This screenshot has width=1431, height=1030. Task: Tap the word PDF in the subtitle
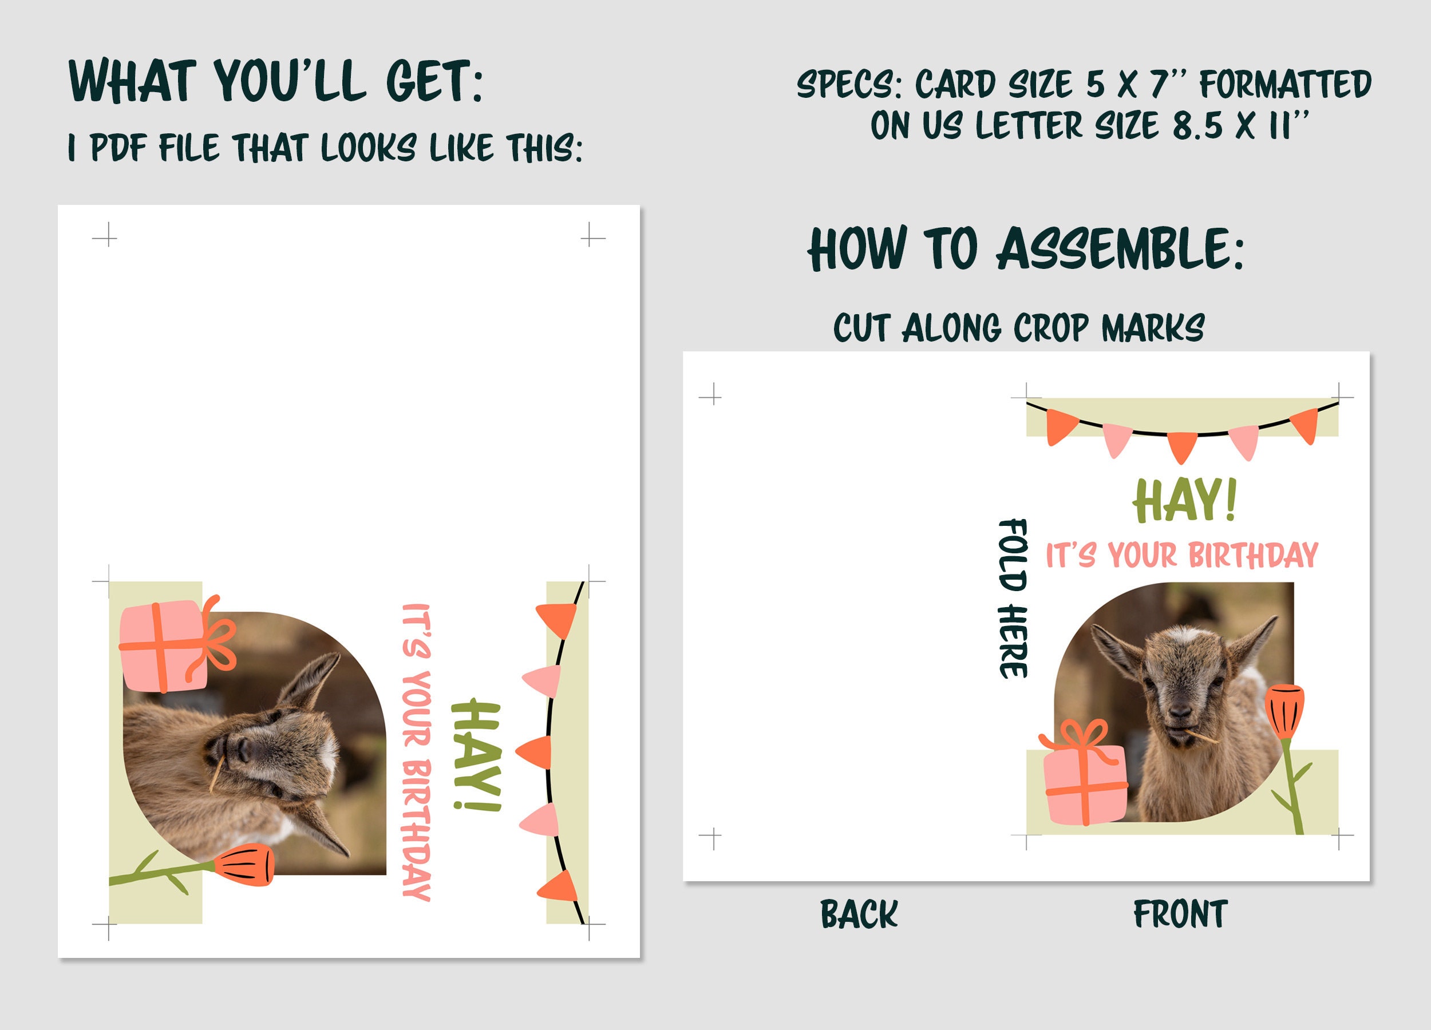pyautogui.click(x=118, y=149)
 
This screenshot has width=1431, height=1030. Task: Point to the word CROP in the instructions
pyautogui.click(x=1050, y=328)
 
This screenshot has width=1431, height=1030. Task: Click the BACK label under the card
pyautogui.click(x=858, y=914)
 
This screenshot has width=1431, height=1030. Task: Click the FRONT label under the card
pyautogui.click(x=1180, y=914)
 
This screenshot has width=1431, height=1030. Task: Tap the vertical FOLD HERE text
pyautogui.click(x=1013, y=598)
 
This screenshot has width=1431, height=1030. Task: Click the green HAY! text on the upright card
pyautogui.click(x=1184, y=501)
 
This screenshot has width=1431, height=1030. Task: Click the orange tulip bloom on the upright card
pyautogui.click(x=1283, y=710)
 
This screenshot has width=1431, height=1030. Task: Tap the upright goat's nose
pyautogui.click(x=1180, y=711)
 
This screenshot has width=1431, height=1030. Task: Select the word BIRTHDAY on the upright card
pyautogui.click(x=1252, y=556)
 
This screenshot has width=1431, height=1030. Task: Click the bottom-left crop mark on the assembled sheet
pyautogui.click(x=711, y=838)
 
